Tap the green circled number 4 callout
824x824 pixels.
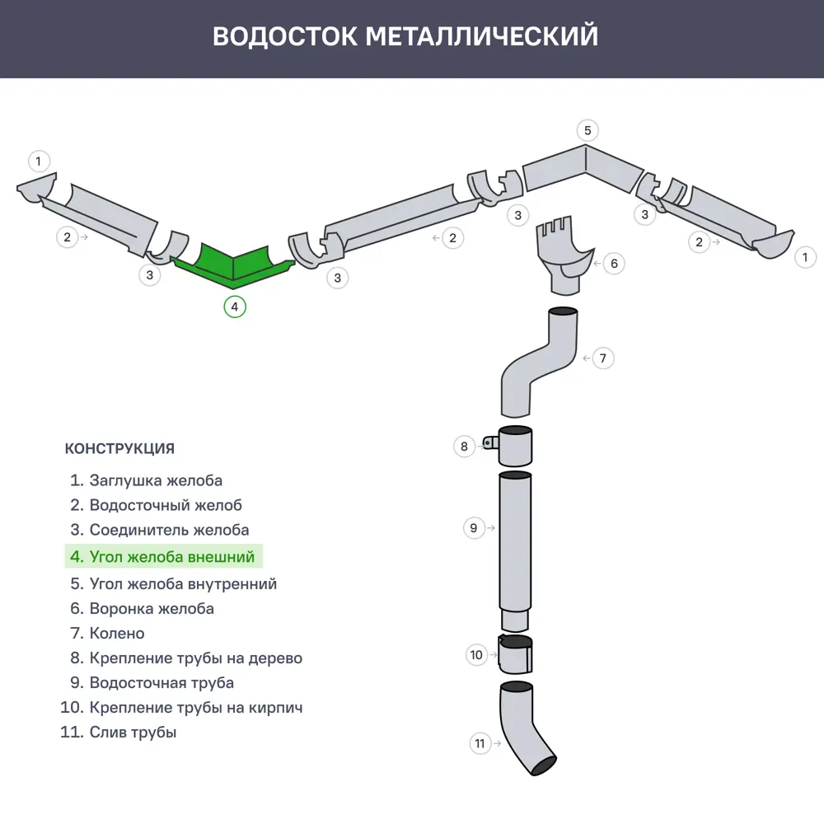pyautogui.click(x=235, y=307)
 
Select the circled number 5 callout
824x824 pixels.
pyautogui.click(x=587, y=130)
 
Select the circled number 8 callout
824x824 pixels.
pyautogui.click(x=464, y=447)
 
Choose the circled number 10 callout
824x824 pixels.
pyautogui.click(x=476, y=656)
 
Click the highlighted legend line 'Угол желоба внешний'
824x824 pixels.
pyautogui.click(x=163, y=557)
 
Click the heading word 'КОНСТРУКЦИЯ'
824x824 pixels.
pyautogui.click(x=119, y=449)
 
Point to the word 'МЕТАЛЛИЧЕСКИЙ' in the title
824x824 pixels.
pyautogui.click(x=481, y=37)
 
